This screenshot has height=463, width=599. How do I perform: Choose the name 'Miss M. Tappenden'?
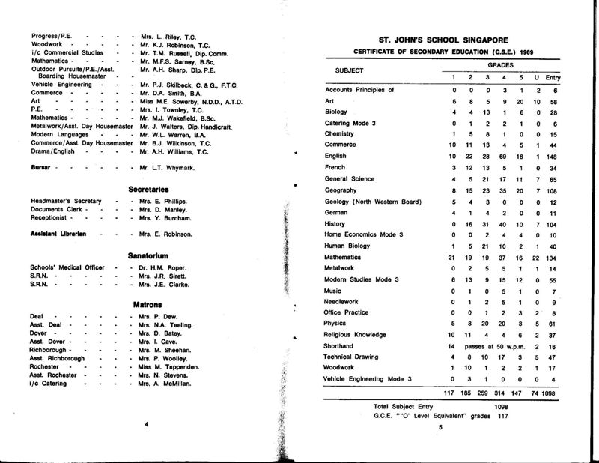click(x=166, y=366)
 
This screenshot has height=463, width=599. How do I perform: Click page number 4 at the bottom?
click(x=148, y=424)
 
